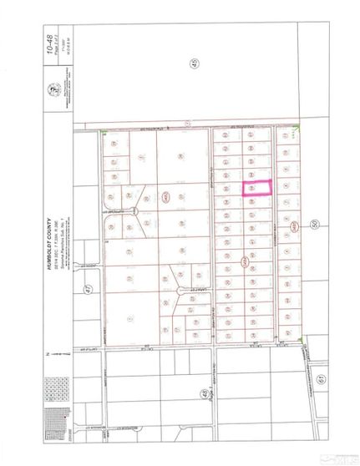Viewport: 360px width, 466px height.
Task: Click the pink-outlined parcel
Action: coord(257,189)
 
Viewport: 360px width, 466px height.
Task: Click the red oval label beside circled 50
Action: coord(294,226)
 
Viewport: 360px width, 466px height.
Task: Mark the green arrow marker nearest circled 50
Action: coord(300,341)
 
